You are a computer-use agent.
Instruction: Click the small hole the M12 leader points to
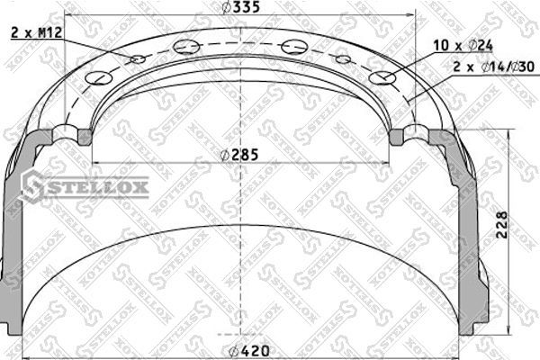tap(138, 60)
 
